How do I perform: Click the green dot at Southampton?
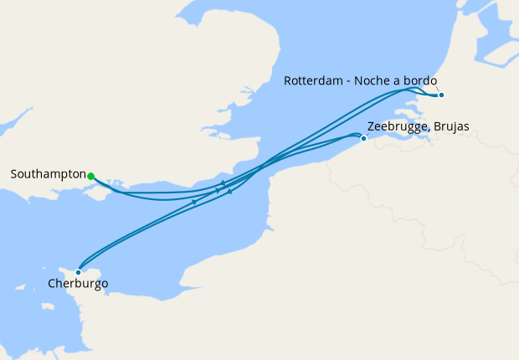click(90, 176)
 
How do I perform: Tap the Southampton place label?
click(48, 175)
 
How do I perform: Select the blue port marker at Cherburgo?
click(78, 272)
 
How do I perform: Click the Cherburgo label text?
click(78, 284)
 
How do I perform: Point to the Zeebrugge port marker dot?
click(363, 138)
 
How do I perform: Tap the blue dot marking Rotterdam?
click(441, 95)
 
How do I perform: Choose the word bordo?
click(420, 80)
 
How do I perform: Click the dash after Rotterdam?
click(348, 81)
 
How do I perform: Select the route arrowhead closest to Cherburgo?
click(194, 202)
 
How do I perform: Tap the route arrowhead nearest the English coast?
click(223, 183)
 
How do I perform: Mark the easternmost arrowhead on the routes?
click(229, 193)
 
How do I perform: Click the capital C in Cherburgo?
click(52, 284)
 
